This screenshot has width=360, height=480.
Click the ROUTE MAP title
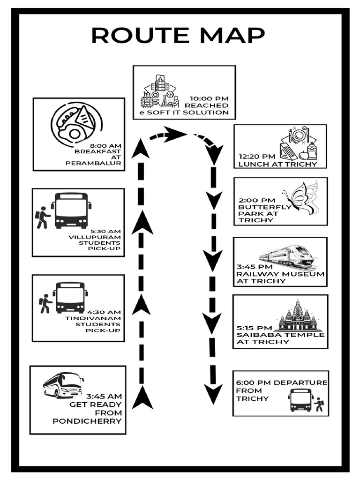[178, 35]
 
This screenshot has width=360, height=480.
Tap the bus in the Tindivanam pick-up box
[70, 297]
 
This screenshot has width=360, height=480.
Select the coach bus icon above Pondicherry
[63, 385]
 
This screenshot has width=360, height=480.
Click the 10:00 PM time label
[209, 98]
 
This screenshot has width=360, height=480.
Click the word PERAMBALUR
[94, 164]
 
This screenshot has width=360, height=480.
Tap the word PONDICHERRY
[87, 421]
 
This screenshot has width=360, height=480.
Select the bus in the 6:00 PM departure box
[300, 400]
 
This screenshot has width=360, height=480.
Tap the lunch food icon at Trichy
[299, 142]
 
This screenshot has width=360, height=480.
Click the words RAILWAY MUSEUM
[280, 274]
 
